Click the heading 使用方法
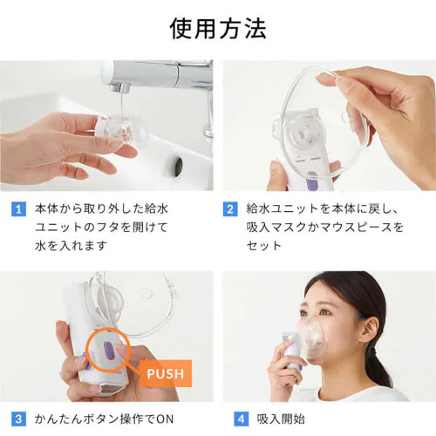click(218, 29)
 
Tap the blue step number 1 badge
click(18, 209)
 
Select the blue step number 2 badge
click(230, 209)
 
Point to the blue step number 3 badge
click(18, 419)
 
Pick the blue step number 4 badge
click(242, 419)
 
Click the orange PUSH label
click(166, 373)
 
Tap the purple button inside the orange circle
click(108, 350)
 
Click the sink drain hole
click(178, 167)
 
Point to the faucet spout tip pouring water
click(124, 88)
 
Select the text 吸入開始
click(281, 419)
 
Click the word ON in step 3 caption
click(165, 419)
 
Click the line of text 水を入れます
click(71, 246)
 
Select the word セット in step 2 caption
click(264, 246)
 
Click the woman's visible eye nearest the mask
click(324, 312)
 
